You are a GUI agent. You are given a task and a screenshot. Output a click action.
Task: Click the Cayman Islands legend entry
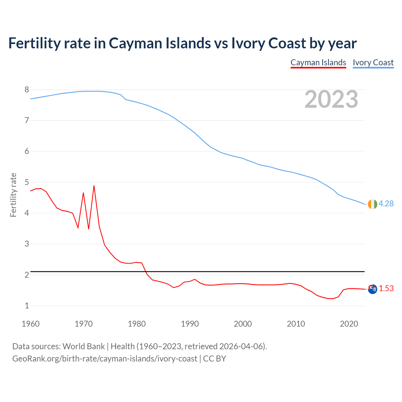318,62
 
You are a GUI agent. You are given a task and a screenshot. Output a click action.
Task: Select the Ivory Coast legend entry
373,62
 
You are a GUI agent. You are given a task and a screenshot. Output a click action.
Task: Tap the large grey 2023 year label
331,99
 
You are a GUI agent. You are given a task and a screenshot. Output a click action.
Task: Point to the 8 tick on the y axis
27,90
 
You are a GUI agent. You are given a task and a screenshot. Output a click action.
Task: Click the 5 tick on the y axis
27,182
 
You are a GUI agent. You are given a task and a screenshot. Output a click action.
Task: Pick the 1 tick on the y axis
27,306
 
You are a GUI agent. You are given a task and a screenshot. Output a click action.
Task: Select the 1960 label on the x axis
30,324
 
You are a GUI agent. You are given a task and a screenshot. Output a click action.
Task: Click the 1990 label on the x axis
190,324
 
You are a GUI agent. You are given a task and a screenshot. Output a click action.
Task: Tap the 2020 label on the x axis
349,324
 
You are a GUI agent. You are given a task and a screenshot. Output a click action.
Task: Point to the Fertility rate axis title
13,195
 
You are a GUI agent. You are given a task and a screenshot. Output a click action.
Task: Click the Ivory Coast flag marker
372,204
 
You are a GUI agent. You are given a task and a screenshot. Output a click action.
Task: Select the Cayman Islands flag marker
372,289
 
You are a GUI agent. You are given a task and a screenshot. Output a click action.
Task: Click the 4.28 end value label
386,204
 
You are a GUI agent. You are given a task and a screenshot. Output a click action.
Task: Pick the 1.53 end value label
386,288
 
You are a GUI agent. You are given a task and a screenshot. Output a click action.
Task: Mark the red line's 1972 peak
94,186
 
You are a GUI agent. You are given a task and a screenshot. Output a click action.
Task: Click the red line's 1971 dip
89,229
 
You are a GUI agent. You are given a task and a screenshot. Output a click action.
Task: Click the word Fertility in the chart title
34,43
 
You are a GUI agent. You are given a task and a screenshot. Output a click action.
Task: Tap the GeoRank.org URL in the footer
105,358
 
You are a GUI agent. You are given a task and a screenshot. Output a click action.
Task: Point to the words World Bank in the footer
84,346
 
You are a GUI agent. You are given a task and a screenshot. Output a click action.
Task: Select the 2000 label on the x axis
243,324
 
